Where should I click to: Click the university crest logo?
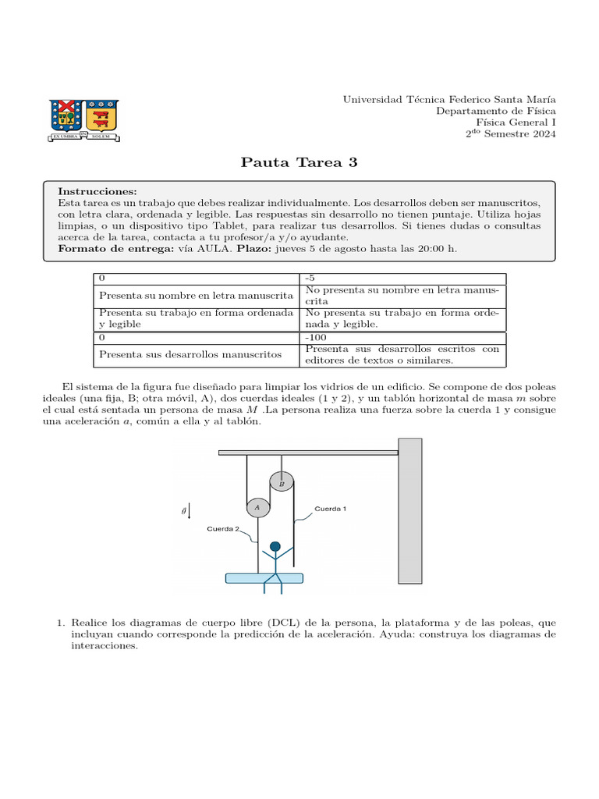point(83,118)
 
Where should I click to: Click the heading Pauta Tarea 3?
point(299,162)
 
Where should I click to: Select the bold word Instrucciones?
point(97,191)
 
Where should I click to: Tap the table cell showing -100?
point(317,338)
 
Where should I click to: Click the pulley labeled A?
point(257,507)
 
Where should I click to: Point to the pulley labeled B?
point(282,484)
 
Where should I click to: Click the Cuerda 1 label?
point(330,508)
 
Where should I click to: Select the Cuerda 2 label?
point(223,529)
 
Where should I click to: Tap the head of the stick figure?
point(274,546)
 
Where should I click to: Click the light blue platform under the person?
point(264,578)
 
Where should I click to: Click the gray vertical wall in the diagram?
point(409,516)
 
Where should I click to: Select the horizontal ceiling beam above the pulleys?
point(308,452)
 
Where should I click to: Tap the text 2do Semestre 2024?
point(511,134)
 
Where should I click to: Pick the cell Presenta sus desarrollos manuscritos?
point(190,354)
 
